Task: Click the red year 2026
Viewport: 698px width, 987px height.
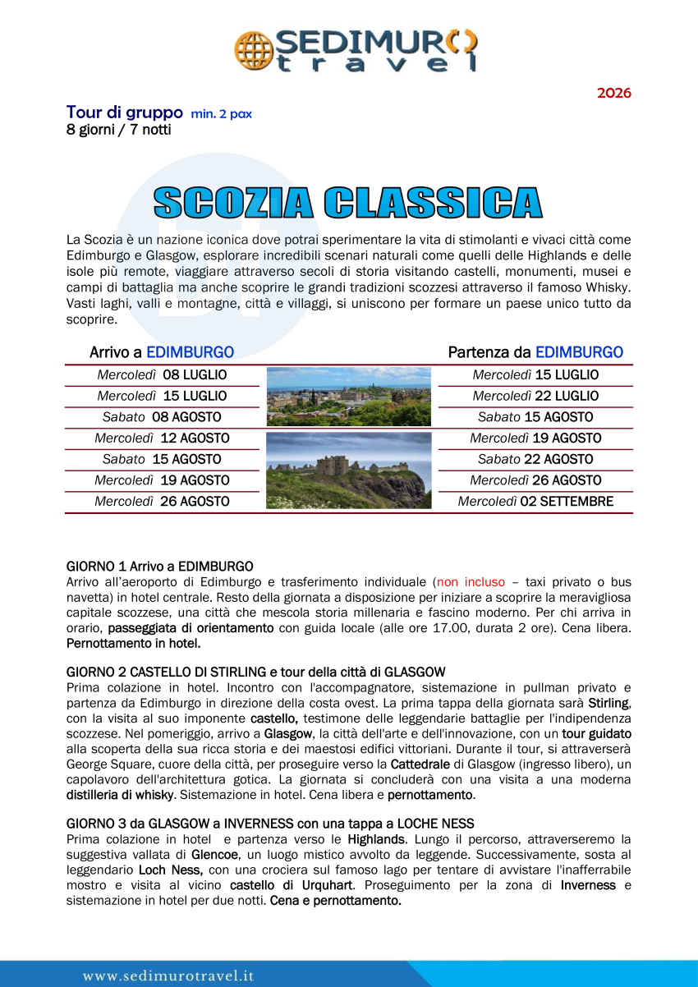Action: click(x=613, y=93)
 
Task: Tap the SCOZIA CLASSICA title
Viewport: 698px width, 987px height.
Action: click(x=348, y=203)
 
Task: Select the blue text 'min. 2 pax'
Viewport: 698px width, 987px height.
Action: click(x=221, y=114)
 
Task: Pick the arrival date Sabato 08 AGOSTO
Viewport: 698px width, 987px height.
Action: click(x=162, y=417)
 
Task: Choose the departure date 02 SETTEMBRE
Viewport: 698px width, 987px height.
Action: click(x=535, y=502)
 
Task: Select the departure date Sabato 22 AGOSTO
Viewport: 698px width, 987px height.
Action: click(x=535, y=459)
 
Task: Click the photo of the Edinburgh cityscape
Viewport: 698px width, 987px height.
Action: click(x=348, y=396)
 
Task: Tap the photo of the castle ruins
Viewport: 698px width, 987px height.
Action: click(x=348, y=471)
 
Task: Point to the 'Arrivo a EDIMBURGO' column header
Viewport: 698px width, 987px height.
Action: click(x=162, y=352)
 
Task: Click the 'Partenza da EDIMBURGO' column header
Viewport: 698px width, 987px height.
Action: click(x=535, y=352)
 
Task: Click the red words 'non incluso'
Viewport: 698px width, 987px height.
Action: click(x=471, y=581)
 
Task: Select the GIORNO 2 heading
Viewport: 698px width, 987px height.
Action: click(x=255, y=673)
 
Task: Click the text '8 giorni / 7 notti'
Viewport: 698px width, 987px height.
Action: click(x=119, y=130)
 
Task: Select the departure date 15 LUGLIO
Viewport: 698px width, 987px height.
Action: click(x=535, y=375)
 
